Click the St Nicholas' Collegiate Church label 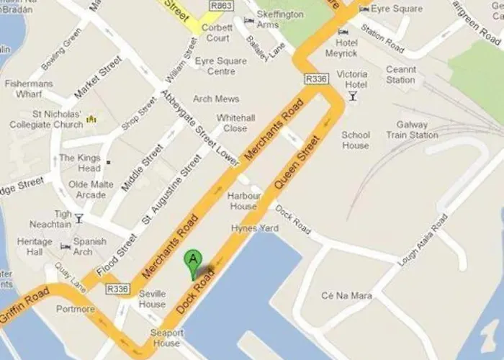[45, 119]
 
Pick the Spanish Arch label [89, 247]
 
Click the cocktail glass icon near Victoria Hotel [353, 96]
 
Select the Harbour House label [242, 201]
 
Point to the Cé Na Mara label [338, 296]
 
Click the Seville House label [152, 299]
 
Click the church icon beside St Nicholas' [91, 118]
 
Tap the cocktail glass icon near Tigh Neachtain [78, 218]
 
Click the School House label [356, 140]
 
